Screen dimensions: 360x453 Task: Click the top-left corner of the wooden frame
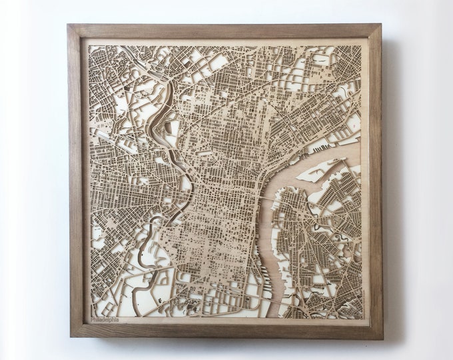(68, 25)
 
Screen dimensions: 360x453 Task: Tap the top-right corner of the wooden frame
(381, 25)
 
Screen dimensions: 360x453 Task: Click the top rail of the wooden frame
(225, 31)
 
